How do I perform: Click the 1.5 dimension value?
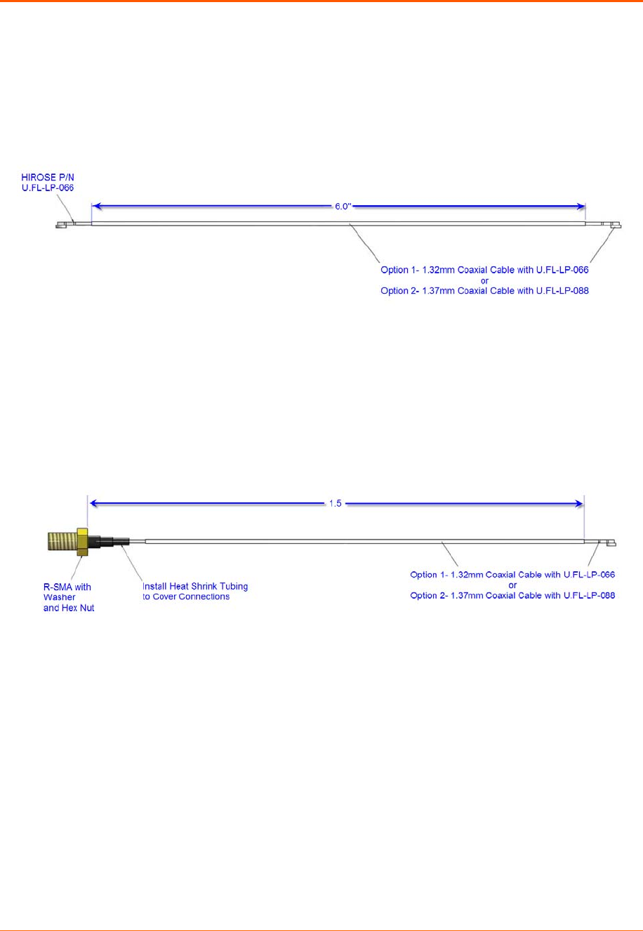(x=336, y=503)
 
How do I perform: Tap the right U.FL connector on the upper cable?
(x=614, y=225)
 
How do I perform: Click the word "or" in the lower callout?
(x=512, y=585)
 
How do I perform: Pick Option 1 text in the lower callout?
(x=512, y=575)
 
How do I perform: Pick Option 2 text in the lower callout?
(x=512, y=595)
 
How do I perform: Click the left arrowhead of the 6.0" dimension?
(x=97, y=207)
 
